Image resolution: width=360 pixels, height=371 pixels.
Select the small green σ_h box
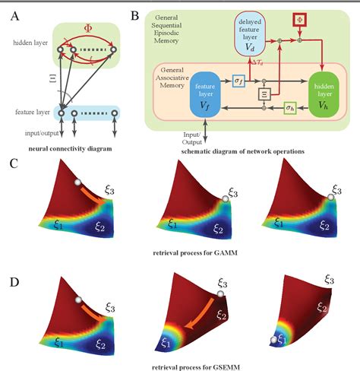click(x=289, y=108)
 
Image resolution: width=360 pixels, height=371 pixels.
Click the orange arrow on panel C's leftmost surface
click(x=93, y=193)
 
